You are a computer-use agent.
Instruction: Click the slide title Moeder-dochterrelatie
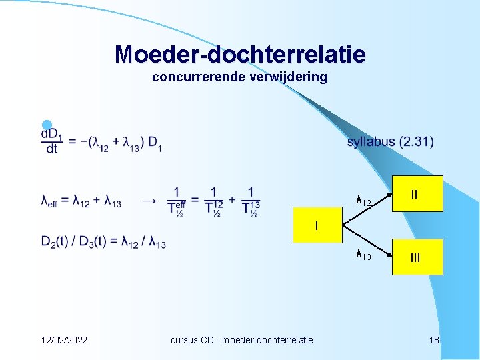(240, 54)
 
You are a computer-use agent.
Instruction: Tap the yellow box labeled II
(415, 195)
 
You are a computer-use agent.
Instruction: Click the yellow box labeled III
(415, 257)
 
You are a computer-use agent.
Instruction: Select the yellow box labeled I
(317, 226)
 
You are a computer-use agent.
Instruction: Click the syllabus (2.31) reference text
(390, 142)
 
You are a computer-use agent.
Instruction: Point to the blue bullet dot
(46, 125)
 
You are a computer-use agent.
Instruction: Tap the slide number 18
(434, 340)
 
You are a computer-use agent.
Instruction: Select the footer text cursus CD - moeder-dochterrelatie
(241, 340)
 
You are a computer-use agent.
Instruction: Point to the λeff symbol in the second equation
(49, 202)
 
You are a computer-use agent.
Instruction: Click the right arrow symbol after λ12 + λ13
(151, 201)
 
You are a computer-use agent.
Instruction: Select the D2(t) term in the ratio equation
(57, 242)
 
